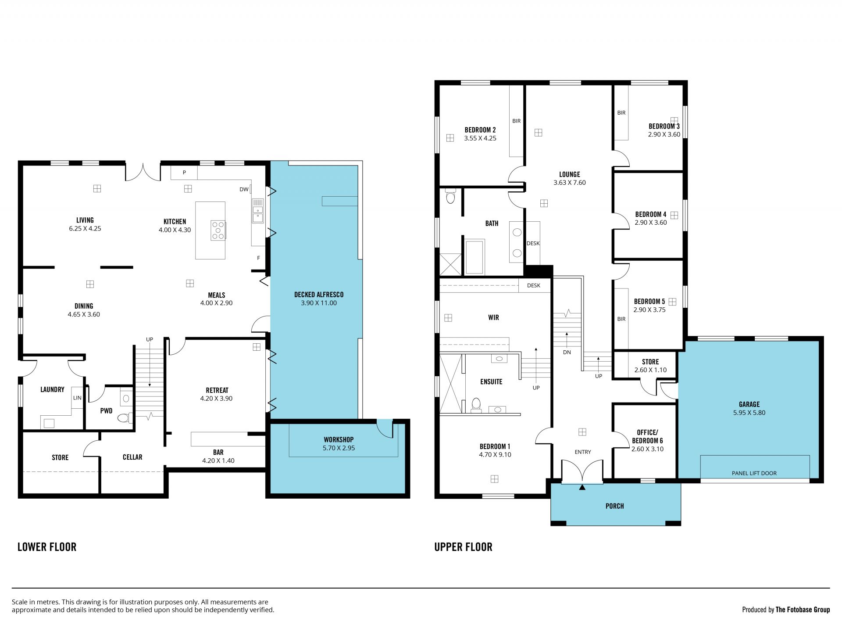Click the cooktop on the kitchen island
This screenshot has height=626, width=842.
(218, 230)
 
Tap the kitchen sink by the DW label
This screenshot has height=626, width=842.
(258, 211)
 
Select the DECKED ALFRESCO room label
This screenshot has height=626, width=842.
(319, 295)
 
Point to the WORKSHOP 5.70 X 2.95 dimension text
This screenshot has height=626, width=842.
(339, 448)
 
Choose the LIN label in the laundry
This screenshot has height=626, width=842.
(77, 398)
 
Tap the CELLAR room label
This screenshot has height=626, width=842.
(132, 457)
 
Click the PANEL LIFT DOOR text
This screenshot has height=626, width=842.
(754, 473)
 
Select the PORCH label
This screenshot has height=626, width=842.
(614, 506)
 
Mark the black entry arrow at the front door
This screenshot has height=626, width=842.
(582, 487)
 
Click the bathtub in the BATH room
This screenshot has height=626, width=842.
(475, 257)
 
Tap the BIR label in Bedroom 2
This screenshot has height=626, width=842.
(517, 121)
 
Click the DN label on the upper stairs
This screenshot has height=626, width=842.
(567, 352)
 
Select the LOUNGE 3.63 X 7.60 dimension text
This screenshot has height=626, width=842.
(570, 183)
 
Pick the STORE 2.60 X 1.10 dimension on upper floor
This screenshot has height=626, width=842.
(650, 370)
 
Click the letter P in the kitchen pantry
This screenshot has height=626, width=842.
(184, 173)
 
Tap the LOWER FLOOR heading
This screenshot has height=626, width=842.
(47, 547)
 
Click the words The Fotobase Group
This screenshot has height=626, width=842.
(803, 610)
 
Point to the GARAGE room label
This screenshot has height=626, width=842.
(749, 404)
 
